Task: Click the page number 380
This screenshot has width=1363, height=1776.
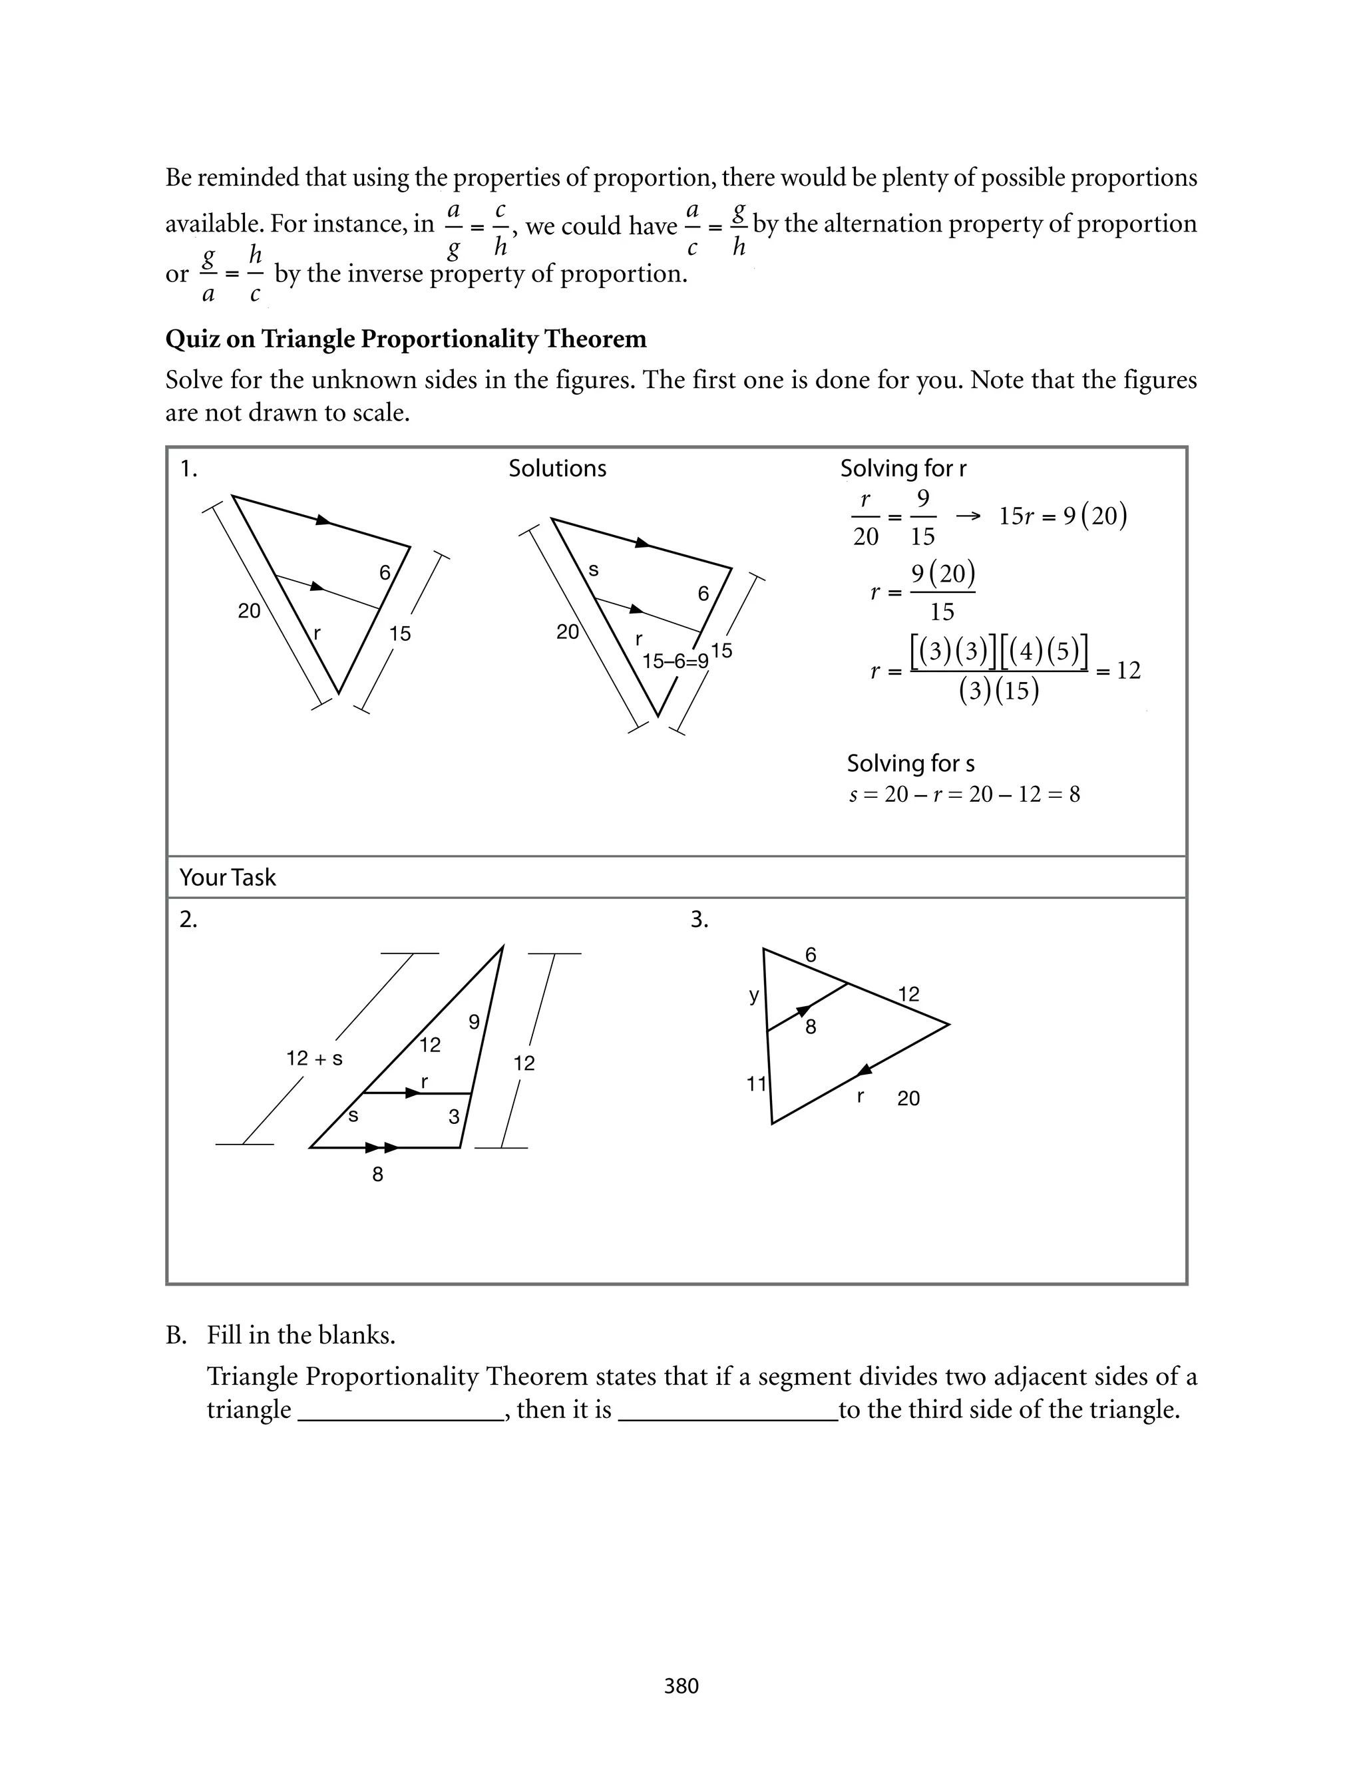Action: point(681,1686)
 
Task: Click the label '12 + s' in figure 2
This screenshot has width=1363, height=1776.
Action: point(314,1058)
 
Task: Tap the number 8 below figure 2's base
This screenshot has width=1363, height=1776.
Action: point(377,1174)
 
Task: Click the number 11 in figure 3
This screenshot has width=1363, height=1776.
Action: point(756,1083)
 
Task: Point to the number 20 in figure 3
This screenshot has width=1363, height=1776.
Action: point(908,1098)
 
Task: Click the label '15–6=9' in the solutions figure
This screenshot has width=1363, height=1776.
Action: point(675,661)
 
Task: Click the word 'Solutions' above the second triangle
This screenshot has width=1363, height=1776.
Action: point(557,468)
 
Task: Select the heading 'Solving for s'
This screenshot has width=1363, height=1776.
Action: point(910,763)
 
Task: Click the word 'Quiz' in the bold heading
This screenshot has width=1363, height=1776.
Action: point(193,339)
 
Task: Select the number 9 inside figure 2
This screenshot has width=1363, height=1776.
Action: point(475,1022)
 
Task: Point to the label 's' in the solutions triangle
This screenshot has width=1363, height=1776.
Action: point(593,570)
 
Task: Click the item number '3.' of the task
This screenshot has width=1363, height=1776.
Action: point(699,920)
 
